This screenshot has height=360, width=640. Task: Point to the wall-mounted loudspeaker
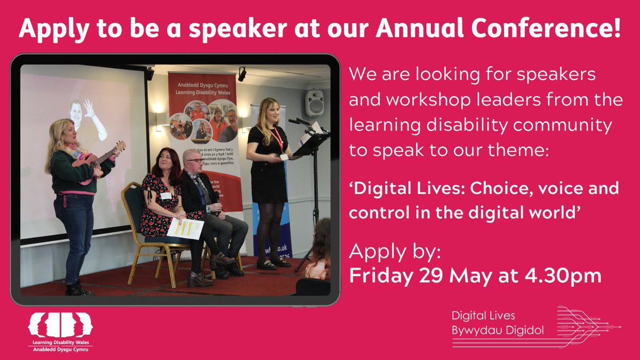click(x=314, y=103)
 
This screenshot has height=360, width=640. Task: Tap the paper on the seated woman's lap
click(x=185, y=228)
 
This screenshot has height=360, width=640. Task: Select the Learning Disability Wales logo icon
click(x=60, y=325)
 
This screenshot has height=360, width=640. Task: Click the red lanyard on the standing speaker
click(x=277, y=139)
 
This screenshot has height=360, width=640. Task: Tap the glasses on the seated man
click(x=195, y=160)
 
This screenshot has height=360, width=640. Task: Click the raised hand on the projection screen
click(x=88, y=107)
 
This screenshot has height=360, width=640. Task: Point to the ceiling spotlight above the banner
click(x=242, y=75)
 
